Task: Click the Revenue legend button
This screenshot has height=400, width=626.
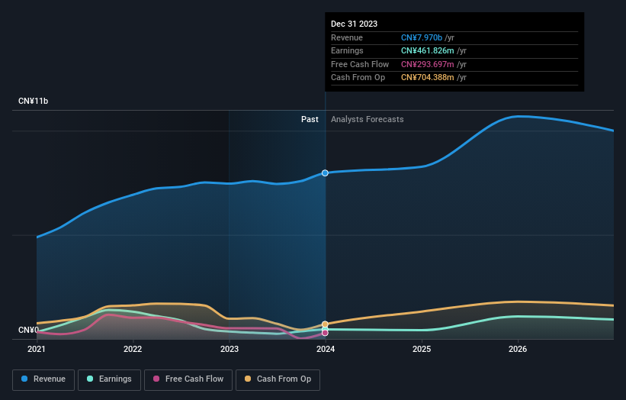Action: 43,379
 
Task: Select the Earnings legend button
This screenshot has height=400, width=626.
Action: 108,379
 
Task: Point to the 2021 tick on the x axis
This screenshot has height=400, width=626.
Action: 37,350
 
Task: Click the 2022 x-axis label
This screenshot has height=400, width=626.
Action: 133,350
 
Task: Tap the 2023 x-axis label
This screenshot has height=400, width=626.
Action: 230,350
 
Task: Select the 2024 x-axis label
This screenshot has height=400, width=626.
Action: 326,350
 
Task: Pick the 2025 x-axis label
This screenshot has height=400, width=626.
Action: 422,350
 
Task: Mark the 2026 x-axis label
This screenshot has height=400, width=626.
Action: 518,350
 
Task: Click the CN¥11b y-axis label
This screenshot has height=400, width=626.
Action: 34,101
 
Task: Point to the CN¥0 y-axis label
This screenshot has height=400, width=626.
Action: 28,330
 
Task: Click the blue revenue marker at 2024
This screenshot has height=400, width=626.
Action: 326,173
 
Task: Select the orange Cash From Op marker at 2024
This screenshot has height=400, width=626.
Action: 326,324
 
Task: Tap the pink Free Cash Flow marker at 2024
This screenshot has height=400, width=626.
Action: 326,333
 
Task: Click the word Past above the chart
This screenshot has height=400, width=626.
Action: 310,119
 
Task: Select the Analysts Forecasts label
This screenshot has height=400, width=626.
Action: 367,119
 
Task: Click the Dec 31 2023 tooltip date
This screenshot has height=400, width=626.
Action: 354,24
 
